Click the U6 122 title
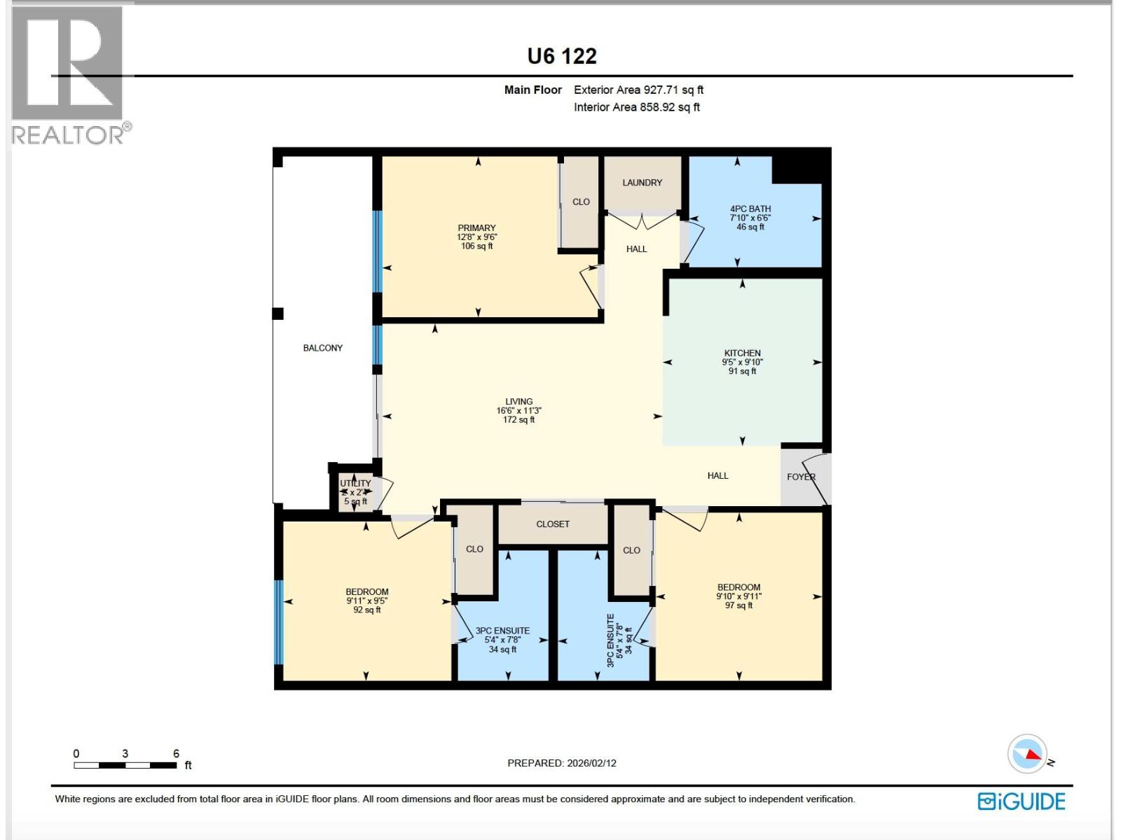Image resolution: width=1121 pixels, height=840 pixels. click(562, 56)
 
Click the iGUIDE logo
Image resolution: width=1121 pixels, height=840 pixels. click(1022, 801)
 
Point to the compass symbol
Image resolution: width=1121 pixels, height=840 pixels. click(1027, 754)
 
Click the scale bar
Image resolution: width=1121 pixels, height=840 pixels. click(125, 765)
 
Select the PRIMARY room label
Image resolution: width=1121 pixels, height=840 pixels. click(476, 228)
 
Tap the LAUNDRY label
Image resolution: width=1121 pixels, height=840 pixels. click(642, 183)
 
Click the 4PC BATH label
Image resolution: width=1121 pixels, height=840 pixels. click(750, 209)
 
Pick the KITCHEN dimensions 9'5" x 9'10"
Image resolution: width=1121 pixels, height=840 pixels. click(742, 363)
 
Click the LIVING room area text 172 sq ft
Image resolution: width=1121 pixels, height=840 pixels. click(518, 420)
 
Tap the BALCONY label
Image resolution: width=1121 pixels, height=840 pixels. click(323, 348)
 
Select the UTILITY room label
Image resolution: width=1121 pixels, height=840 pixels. click(355, 484)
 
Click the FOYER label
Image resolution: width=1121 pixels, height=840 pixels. click(801, 477)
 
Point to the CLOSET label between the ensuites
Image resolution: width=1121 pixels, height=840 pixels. click(553, 524)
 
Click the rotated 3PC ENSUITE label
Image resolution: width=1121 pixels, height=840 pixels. click(610, 640)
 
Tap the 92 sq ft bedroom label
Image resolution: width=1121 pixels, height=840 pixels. click(366, 610)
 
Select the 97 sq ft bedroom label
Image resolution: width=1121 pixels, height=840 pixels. click(738, 605)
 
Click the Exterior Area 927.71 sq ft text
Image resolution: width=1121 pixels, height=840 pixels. click(638, 90)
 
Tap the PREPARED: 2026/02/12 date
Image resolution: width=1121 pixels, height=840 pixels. click(562, 763)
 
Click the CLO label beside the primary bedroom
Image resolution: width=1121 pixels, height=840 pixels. click(581, 202)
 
